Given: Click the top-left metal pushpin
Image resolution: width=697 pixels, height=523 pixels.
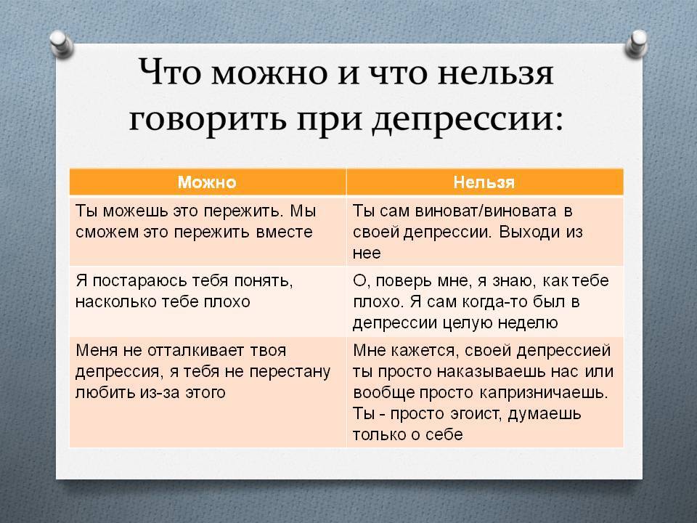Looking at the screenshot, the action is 61,44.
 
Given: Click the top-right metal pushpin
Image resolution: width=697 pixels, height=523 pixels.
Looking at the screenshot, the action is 636,44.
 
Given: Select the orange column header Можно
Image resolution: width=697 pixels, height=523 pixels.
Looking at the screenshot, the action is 207,182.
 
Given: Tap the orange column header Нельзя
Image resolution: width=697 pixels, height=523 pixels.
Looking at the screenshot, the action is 484,182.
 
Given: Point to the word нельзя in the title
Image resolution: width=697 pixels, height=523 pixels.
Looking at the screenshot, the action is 496,73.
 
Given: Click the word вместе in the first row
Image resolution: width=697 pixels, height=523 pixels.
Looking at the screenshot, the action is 285,232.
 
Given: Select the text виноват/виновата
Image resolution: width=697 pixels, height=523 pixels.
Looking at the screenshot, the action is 486,211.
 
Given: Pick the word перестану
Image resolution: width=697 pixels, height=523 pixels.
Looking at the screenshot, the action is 290,372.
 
